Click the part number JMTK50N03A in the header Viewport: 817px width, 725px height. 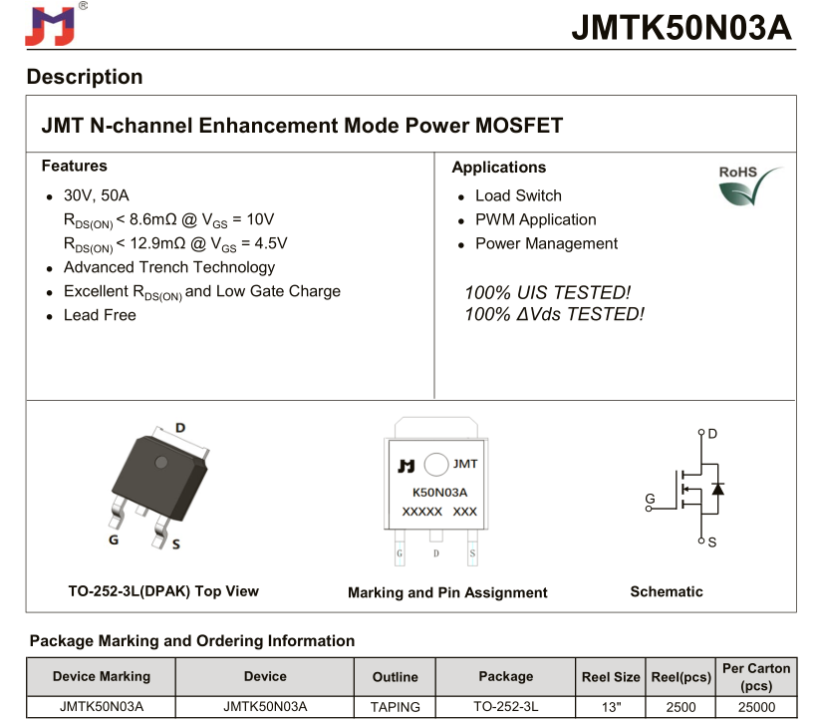[681, 28]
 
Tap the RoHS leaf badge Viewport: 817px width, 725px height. [749, 185]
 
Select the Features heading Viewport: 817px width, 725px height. [74, 166]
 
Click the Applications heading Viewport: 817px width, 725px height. [498, 167]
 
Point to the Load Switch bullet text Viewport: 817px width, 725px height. [518, 195]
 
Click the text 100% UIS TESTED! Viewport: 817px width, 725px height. [547, 292]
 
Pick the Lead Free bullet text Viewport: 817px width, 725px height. [100, 315]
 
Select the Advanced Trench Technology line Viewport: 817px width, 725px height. [169, 267]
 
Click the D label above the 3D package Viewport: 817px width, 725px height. [180, 428]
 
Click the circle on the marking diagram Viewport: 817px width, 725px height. [434, 465]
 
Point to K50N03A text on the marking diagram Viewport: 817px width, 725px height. [439, 492]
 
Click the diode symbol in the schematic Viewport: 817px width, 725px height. [717, 488]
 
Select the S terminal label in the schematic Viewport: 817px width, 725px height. [712, 542]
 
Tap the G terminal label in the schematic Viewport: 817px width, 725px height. [650, 499]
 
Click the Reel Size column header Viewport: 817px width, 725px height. [611, 677]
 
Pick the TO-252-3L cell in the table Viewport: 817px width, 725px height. [505, 707]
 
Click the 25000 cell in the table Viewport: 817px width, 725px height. [756, 707]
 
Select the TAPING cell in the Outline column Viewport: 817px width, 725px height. [395, 707]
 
